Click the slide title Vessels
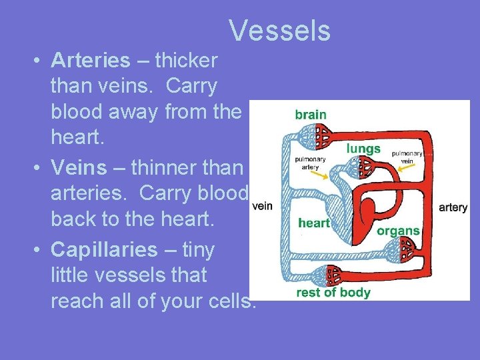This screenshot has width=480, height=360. pos(279,30)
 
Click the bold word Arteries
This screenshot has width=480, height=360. pos(90,61)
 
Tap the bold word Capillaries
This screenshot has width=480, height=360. pos(103,249)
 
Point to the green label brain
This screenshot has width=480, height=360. pos(311,114)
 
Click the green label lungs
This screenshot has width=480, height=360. pos(363,149)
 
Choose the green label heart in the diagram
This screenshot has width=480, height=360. pos(314,223)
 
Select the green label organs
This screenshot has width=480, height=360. pos(398,231)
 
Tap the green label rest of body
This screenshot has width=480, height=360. pos(333,293)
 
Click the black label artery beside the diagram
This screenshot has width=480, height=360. pos(453,207)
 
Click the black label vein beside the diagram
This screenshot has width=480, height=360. pos(263,206)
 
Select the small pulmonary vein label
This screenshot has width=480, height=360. pos(407,157)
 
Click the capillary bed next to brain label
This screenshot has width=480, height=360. pos(321,136)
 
